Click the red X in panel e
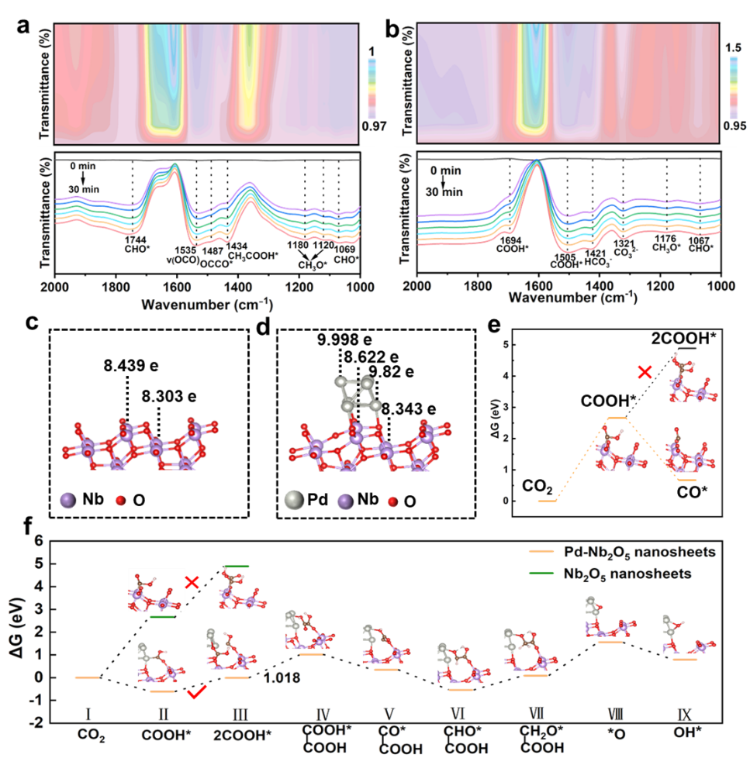click(644, 373)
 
